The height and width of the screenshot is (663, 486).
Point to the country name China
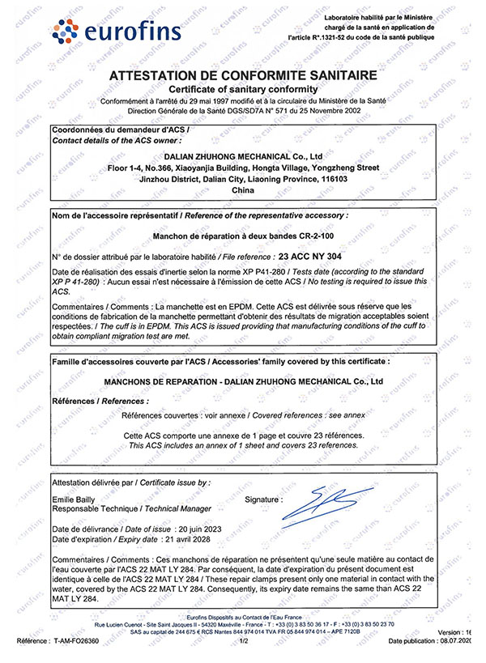pyautogui.click(x=243, y=190)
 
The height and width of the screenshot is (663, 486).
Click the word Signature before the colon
pyautogui.click(x=261, y=500)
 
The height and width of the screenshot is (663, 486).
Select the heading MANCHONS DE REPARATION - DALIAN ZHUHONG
pyautogui.click(x=243, y=381)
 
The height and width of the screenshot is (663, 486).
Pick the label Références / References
pyautogui.click(x=100, y=401)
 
